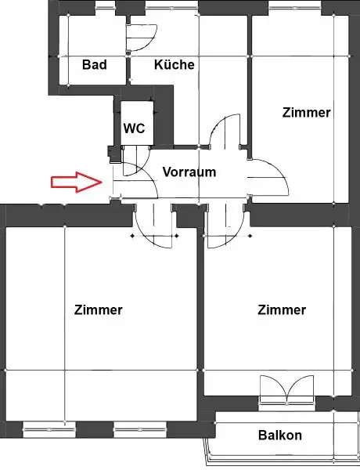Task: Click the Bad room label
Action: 94,64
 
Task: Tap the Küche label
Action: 174,64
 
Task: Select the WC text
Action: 134,129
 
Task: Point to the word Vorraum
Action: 189,172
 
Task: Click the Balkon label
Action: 279,436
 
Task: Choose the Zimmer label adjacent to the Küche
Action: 306,113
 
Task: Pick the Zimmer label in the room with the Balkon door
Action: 282,310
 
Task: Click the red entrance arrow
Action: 77,183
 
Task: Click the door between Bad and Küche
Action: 142,35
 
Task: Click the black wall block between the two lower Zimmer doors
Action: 189,211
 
